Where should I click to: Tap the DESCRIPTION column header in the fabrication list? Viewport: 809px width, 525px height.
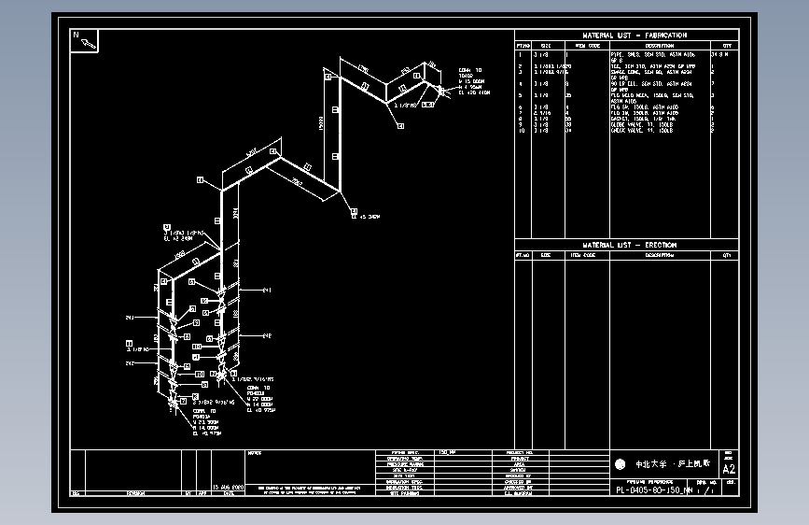(x=658, y=44)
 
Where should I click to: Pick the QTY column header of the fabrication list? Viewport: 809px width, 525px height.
(x=726, y=44)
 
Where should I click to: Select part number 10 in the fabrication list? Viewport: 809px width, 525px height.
(x=521, y=131)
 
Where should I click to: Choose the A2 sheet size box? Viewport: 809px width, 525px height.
(x=729, y=468)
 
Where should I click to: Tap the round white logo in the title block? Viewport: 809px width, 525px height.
(x=621, y=464)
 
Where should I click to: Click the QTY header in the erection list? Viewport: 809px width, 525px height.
(x=726, y=254)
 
